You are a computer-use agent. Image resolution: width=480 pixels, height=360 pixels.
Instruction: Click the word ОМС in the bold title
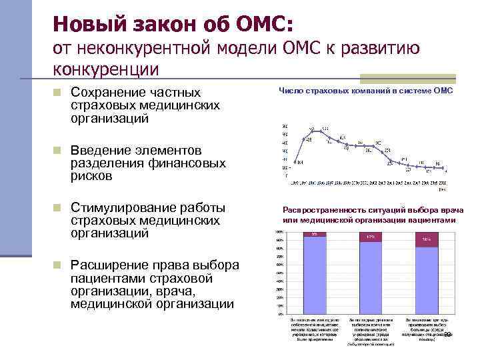[259, 24]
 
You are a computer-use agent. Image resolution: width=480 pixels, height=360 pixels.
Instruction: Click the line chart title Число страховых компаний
[365, 91]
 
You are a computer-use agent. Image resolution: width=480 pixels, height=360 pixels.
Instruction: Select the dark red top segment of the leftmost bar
[315, 234]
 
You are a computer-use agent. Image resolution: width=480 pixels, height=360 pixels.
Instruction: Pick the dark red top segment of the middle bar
[371, 237]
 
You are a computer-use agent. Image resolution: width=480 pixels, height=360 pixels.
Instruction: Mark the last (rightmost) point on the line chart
[447, 168]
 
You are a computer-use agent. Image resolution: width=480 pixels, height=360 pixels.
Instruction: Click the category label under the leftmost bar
[314, 329]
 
